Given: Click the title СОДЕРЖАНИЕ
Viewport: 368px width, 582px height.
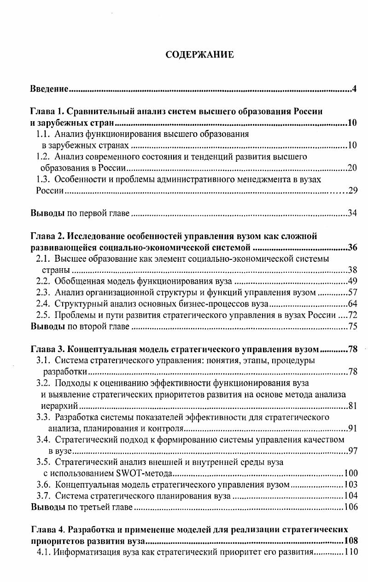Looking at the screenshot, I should [199, 55].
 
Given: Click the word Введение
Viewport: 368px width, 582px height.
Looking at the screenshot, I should [49, 88].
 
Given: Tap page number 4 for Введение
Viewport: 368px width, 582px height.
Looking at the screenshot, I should [355, 88].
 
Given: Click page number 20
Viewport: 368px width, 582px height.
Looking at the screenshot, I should [352, 168].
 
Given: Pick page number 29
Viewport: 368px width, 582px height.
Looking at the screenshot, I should [352, 191].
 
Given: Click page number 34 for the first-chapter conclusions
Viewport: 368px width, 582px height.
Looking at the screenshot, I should [352, 213].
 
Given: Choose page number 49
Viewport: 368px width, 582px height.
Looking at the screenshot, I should [352, 281].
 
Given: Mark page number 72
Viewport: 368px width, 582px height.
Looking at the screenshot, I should [352, 315].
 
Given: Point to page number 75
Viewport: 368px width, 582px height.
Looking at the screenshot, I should [352, 326].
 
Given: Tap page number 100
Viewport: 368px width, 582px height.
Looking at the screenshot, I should [350, 473].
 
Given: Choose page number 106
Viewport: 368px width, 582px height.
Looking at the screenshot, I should [350, 507].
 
